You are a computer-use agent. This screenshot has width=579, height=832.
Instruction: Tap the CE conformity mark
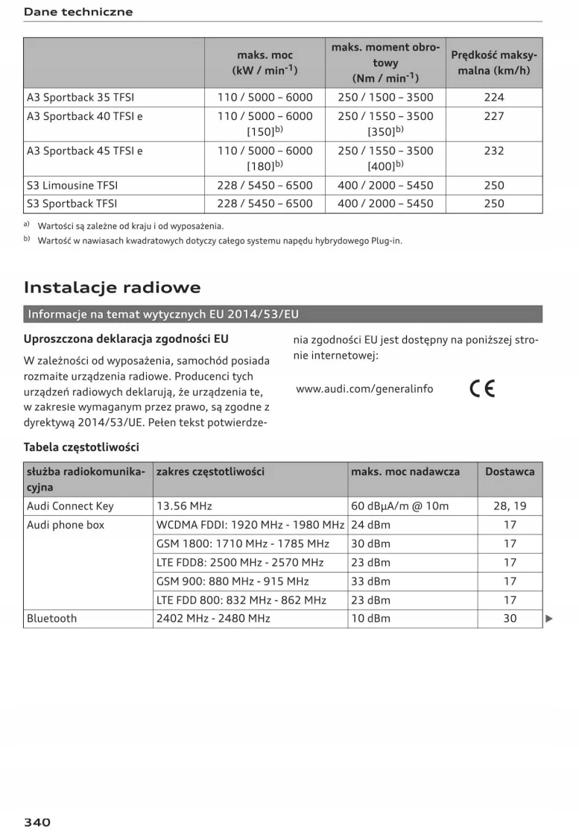pos(482,389)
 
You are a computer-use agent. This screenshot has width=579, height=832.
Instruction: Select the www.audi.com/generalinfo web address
pos(364,388)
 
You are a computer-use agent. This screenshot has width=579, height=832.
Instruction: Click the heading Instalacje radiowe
pos(112,287)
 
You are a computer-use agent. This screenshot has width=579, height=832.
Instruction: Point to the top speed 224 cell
pos(493,97)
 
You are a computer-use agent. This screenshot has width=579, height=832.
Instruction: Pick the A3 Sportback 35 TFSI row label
pos(80,97)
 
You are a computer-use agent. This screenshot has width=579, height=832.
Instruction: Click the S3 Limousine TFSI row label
pos(72,185)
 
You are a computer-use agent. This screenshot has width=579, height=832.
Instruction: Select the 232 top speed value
pos(493,151)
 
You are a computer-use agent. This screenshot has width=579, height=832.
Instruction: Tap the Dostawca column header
pos(510,471)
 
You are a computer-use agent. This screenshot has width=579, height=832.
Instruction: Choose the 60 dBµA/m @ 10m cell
pos(400,506)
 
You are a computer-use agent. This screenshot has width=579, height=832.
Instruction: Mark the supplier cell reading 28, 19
pos(510,506)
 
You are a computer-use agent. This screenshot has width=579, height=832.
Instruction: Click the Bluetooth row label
pos(51,618)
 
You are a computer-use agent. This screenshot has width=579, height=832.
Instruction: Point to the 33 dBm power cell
pos(370,581)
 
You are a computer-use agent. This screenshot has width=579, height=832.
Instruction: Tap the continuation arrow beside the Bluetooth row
pos(549,618)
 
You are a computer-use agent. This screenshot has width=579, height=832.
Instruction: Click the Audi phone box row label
pos(66,525)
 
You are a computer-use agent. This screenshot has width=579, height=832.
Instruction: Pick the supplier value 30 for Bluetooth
pos(510,618)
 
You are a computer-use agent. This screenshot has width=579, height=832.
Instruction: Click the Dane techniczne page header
pos(78,12)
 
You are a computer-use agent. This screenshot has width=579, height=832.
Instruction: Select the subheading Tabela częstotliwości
pos(81,447)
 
